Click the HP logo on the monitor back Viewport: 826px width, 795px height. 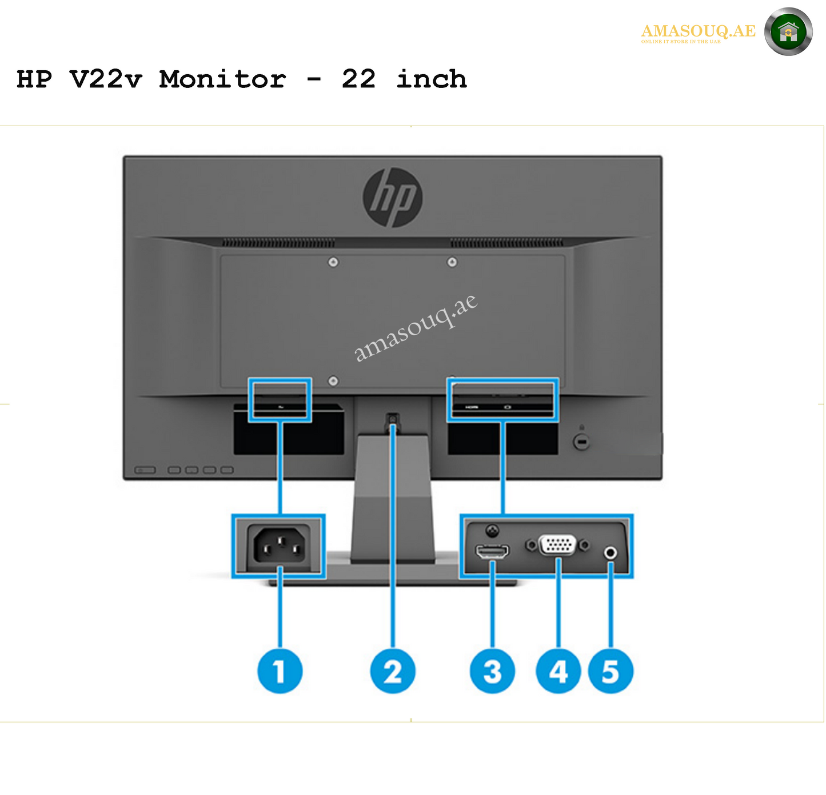point(393,197)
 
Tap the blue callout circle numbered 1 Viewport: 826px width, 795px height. point(280,671)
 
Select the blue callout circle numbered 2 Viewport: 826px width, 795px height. point(393,671)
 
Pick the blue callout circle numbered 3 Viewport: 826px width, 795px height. point(492,671)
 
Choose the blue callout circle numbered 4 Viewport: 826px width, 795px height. point(558,671)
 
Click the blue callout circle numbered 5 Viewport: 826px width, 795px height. point(610,671)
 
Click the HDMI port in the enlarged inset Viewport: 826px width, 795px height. point(492,552)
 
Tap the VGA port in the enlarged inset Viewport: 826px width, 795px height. point(558,545)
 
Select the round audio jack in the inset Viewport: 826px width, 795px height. point(610,553)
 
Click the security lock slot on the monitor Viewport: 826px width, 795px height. point(581,441)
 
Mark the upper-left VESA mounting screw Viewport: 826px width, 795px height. point(333,262)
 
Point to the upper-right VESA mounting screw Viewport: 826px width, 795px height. point(452,262)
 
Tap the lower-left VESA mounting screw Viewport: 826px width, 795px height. point(333,381)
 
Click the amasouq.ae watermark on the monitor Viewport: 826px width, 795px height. point(415,328)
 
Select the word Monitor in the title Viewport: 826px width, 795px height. point(222,79)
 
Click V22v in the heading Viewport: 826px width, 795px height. point(105,79)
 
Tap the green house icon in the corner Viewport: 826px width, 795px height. point(788,32)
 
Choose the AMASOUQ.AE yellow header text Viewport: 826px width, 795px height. point(698,31)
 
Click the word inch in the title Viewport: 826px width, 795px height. point(432,79)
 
